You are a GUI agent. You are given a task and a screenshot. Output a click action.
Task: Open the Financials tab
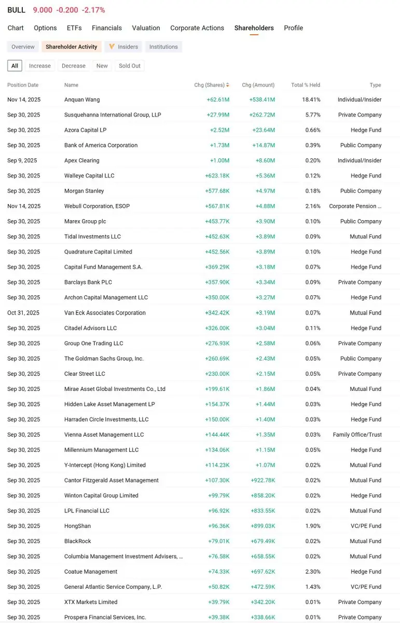pos(106,28)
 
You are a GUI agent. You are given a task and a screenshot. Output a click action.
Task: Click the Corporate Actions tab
pos(197,28)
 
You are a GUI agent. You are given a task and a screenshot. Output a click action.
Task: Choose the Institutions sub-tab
pos(163,47)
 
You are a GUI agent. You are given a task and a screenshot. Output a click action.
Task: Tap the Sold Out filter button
pos(129,66)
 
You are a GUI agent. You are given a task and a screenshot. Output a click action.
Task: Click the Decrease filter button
pos(73,66)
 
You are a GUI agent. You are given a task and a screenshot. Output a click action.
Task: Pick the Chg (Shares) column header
pos(210,85)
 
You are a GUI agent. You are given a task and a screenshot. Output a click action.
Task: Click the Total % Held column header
pos(306,85)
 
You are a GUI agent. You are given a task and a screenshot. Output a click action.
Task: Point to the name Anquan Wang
pos(82,100)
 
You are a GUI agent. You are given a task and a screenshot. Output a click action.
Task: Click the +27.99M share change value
pos(219,115)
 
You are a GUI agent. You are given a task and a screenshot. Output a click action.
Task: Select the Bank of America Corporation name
pos(101,145)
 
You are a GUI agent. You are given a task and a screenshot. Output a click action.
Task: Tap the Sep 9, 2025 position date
pos(22,160)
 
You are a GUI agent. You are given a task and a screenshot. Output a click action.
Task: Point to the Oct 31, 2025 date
pos(23,313)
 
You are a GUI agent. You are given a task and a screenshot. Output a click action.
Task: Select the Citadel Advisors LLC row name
pos(90,328)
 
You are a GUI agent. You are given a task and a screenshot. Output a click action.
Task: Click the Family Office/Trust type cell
pos(357,435)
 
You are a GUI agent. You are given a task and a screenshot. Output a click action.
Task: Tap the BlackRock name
pos(77,541)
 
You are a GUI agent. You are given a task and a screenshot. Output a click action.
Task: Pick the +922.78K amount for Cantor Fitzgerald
pos(263,480)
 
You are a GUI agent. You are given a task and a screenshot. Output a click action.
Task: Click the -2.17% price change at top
pos(93,10)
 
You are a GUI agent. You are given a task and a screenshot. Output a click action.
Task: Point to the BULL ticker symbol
pos(16,10)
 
